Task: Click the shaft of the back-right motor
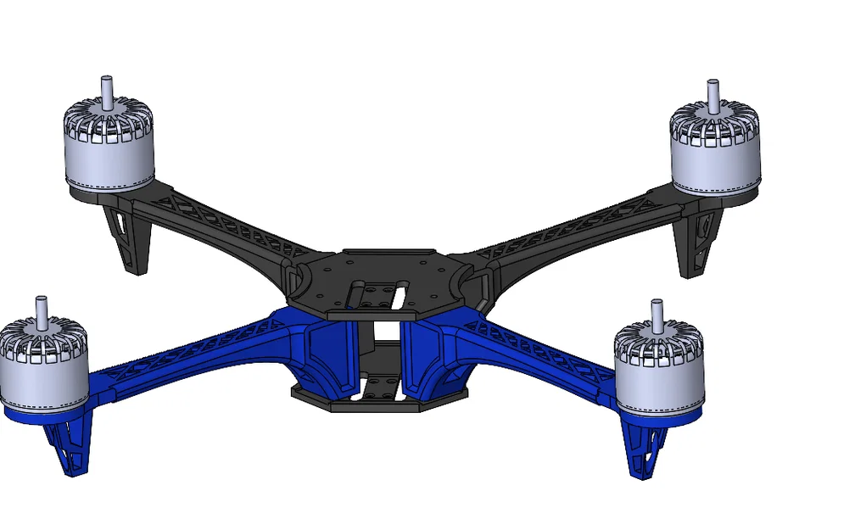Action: pos(713,92)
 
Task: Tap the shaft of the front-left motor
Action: pos(42,310)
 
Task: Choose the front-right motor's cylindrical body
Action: pos(659,382)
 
